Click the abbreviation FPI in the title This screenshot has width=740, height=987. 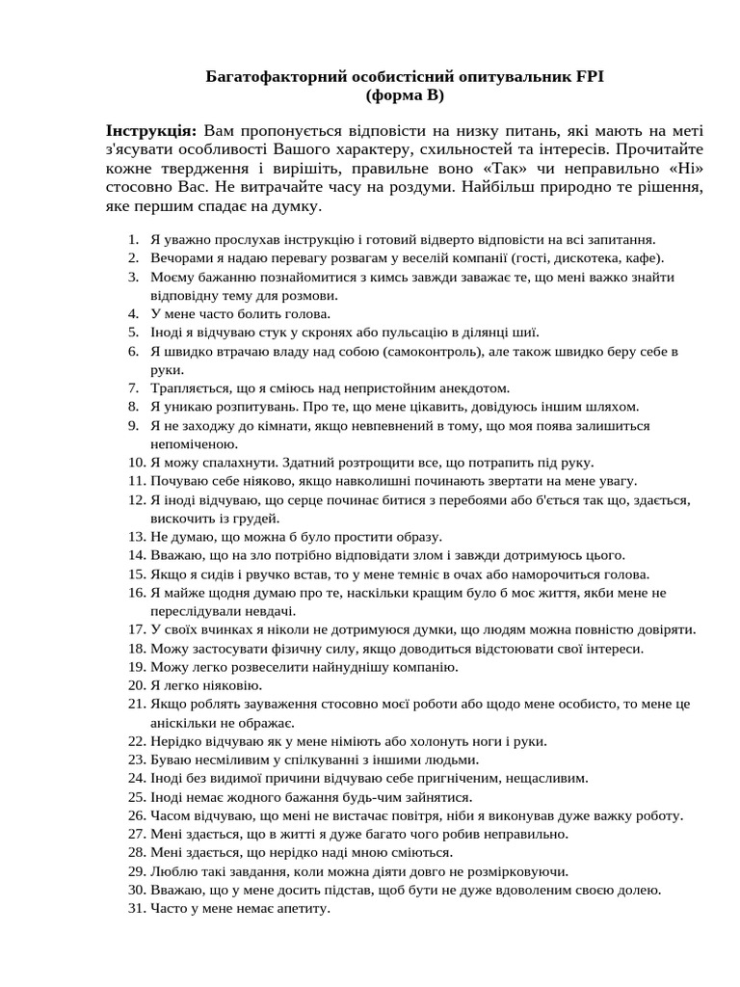point(590,76)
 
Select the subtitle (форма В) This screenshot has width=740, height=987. point(405,95)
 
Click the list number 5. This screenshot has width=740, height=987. point(135,332)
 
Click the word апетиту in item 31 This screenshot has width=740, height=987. point(296,908)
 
